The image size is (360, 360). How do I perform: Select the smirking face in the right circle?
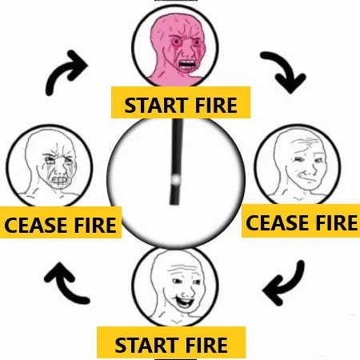point(298,166)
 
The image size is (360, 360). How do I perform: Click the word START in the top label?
point(156,105)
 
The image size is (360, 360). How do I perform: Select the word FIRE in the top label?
point(216,105)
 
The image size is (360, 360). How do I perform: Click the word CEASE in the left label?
point(36,226)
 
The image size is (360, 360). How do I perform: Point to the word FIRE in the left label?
point(95,226)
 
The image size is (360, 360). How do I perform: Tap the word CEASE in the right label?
point(277,223)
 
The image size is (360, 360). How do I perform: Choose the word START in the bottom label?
point(146,345)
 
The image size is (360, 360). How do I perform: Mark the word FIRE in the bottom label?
point(206,345)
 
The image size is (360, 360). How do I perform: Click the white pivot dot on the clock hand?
point(176,179)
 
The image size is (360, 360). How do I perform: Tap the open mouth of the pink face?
point(186,65)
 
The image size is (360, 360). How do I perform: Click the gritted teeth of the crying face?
point(58,181)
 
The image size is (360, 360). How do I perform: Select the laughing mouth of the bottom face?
point(186,302)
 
